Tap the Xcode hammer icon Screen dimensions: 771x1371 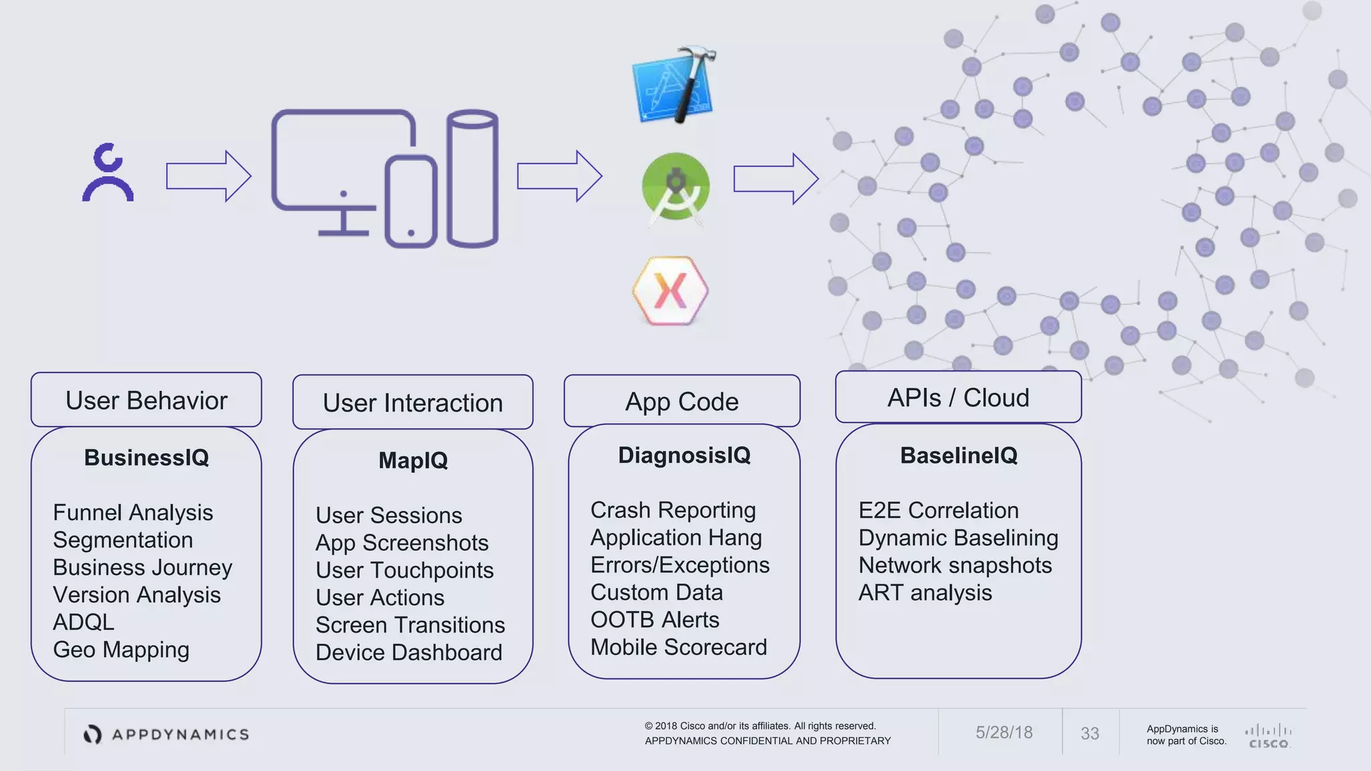click(x=674, y=86)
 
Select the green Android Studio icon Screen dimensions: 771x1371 click(x=675, y=188)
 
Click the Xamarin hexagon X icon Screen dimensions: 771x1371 click(x=670, y=290)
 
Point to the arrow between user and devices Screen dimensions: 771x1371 click(x=208, y=176)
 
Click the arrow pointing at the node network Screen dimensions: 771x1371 click(x=775, y=179)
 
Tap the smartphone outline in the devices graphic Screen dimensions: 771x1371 click(x=410, y=202)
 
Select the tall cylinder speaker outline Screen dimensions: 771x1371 click(x=473, y=179)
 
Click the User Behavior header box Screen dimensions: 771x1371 click(x=146, y=400)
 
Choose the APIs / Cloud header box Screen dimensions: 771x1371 click(x=958, y=398)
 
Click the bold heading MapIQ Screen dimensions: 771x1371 click(x=413, y=460)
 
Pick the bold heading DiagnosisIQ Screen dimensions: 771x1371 click(x=683, y=455)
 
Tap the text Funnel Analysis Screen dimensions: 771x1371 click(x=133, y=513)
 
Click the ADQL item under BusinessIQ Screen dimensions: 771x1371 click(x=84, y=622)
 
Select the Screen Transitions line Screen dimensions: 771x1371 click(x=410, y=625)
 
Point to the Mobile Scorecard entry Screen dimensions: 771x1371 click(x=678, y=647)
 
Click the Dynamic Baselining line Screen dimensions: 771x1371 click(x=958, y=538)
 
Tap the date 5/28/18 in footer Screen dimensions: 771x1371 click(x=1003, y=733)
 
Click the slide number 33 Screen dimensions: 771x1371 click(x=1089, y=734)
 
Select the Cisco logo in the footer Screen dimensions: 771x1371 click(x=1268, y=736)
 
